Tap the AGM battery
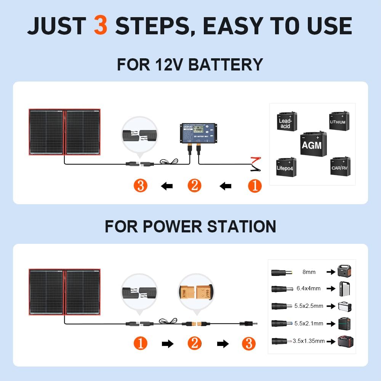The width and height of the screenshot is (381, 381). coord(312,144)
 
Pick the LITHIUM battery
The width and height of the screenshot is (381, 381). coord(338,121)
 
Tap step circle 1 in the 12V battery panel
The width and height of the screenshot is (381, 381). coord(255,186)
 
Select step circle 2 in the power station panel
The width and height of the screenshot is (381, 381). coord(194,343)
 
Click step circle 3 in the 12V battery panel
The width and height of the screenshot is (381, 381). coord(141,186)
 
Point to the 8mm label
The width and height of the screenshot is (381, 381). coord(309,272)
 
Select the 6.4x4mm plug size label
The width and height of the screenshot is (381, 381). coord(309,288)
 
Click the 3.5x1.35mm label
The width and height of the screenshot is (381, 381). coord(309,341)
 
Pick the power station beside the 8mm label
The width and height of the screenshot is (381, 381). coord(344,271)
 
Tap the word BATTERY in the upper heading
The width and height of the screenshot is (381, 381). coord(226,64)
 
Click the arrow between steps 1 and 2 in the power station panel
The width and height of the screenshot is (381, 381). coord(167,344)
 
